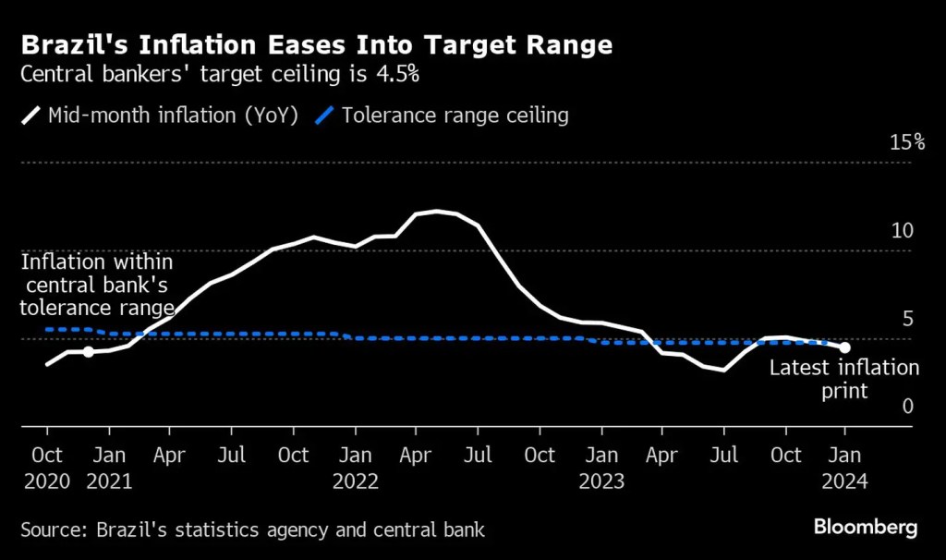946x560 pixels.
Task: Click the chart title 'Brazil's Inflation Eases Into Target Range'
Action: point(317,45)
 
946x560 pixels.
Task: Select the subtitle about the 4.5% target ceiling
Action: point(220,75)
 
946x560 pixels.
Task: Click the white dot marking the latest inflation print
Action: point(844,347)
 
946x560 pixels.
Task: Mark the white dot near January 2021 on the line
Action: point(88,351)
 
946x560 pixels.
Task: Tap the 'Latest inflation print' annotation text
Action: point(844,379)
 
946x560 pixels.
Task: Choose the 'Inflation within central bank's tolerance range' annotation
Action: point(97,285)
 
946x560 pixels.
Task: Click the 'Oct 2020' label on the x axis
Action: point(47,467)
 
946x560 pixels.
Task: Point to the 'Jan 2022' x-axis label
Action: point(356,467)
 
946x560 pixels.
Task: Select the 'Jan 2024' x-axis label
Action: point(845,467)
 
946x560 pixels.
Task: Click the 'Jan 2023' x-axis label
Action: point(601,467)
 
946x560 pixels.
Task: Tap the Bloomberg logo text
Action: point(865,528)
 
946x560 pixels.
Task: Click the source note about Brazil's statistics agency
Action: point(252,530)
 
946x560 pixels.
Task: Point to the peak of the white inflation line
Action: point(436,212)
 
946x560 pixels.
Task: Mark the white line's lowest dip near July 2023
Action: point(723,371)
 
